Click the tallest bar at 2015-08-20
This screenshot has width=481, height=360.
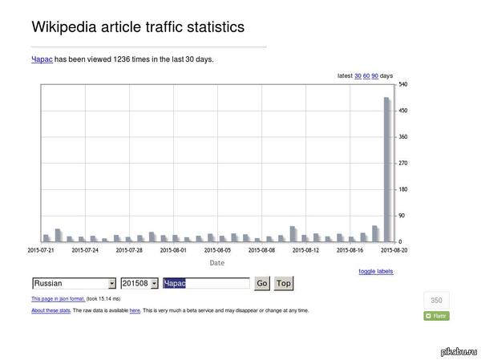(386, 168)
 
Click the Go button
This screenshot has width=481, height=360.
(261, 283)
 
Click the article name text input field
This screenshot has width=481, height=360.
(206, 283)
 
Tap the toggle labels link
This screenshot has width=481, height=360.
(375, 271)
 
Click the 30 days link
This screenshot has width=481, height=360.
(358, 76)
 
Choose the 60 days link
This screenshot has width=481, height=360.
(366, 76)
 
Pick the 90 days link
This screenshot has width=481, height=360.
(375, 76)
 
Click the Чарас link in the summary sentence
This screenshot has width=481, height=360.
(42, 59)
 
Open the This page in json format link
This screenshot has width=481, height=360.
(58, 298)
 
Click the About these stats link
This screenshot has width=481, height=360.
(51, 309)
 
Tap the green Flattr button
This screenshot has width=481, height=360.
(436, 316)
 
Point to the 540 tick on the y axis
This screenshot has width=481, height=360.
(403, 84)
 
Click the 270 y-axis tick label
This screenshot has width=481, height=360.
(403, 163)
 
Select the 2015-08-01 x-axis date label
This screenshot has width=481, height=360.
(173, 250)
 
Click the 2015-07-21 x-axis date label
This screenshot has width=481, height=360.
(41, 250)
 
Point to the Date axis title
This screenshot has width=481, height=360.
(217, 262)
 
